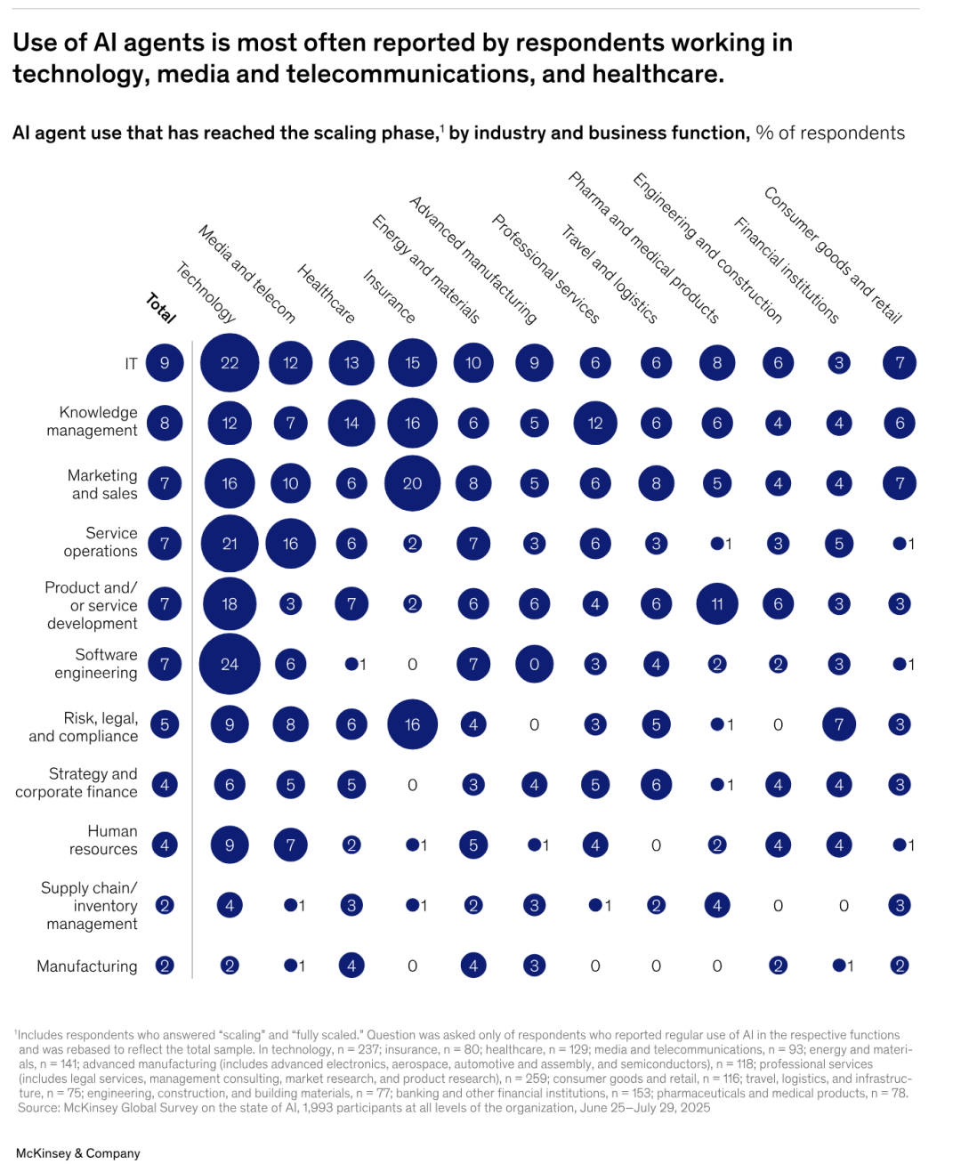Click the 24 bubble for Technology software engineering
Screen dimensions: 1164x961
230,664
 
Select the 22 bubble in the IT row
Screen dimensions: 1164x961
230,363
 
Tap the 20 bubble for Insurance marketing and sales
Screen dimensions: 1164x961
412,483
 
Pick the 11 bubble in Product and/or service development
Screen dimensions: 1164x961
717,604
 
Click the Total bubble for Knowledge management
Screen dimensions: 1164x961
165,424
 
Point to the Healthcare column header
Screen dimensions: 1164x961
326,294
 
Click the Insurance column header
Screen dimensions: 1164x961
390,296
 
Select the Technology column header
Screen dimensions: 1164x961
206,293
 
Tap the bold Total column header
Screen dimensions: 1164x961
161,308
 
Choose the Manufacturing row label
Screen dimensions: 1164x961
87,966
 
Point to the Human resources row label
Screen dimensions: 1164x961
104,840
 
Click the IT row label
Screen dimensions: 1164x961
131,364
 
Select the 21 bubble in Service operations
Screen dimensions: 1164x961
230,544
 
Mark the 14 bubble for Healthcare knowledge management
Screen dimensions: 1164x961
351,424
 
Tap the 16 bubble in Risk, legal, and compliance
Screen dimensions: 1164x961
412,724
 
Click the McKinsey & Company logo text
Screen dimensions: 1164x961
78,1153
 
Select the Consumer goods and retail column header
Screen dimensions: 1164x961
833,255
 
